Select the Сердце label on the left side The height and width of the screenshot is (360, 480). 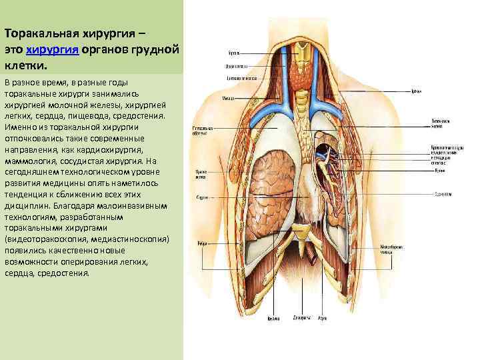point(200,197)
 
